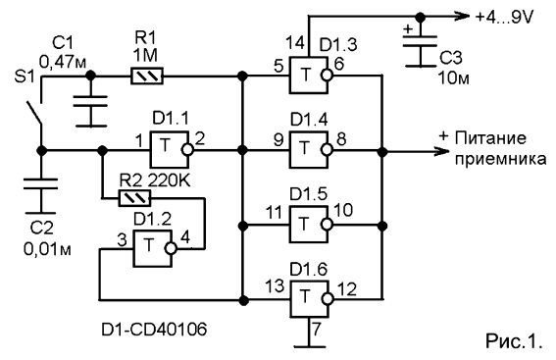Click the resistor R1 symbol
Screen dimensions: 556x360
(147, 76)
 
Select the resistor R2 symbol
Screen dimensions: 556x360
(134, 198)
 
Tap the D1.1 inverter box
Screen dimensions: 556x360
(169, 150)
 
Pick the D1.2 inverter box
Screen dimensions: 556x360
(152, 248)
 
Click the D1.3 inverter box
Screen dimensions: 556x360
(309, 76)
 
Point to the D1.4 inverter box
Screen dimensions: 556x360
(309, 150)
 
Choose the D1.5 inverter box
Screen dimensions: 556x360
(309, 225)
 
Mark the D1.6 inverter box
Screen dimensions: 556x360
(309, 299)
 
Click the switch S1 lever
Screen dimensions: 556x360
(34, 113)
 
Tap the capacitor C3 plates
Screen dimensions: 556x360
(421, 41)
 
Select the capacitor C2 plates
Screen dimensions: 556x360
(40, 184)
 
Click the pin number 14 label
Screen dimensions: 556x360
(295, 43)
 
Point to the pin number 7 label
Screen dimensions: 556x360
(316, 329)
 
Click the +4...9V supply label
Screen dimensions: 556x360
(504, 17)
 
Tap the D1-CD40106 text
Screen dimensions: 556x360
(154, 330)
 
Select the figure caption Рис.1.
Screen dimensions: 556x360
(514, 341)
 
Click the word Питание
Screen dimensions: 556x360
(490, 138)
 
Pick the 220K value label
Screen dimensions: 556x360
(169, 181)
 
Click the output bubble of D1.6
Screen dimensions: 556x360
(329, 299)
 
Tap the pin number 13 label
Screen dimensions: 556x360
(275, 285)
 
